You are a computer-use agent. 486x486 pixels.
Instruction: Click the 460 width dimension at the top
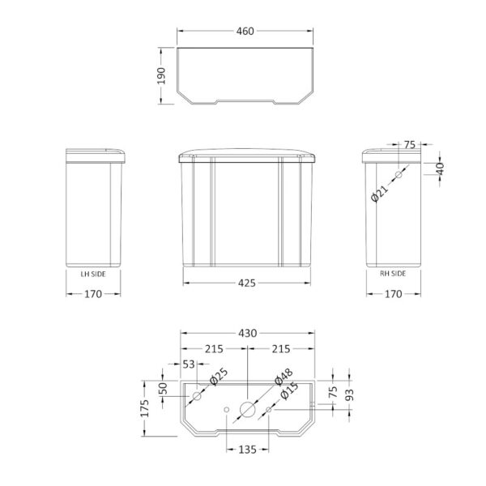245,31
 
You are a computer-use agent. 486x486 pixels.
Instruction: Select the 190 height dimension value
161,75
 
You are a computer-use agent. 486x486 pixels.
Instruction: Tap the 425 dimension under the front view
247,283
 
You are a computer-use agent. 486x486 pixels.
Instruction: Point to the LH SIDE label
93,274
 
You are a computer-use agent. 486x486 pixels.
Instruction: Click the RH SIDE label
393,274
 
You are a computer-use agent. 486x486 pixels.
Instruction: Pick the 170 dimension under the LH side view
93,294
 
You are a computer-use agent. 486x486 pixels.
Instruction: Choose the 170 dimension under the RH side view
394,294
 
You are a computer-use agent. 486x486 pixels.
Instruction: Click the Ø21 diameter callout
379,194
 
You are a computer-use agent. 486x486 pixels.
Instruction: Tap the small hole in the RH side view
399,175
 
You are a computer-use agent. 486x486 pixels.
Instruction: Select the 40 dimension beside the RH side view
440,168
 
